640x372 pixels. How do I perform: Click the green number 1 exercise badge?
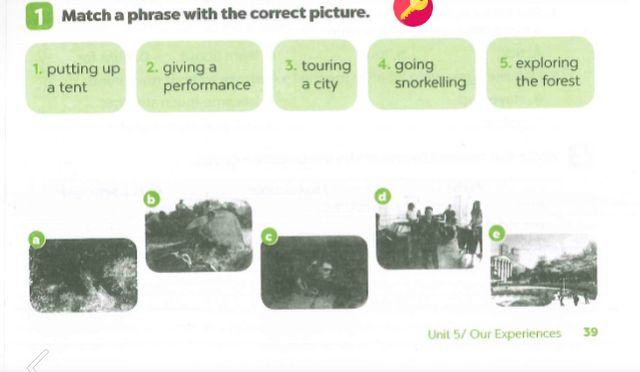click(x=40, y=16)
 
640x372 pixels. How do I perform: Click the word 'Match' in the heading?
click(x=86, y=16)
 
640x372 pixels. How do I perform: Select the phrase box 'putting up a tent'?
click(x=75, y=77)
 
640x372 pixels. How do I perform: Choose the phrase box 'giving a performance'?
click(x=199, y=76)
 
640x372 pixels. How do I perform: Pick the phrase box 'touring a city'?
click(x=315, y=74)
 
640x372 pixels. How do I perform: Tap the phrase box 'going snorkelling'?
click(x=422, y=74)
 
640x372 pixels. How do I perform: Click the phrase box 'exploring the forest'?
click(x=540, y=72)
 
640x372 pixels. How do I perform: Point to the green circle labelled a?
click(x=37, y=239)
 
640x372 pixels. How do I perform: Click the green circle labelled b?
click(x=152, y=199)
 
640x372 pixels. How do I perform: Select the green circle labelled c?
click(x=269, y=236)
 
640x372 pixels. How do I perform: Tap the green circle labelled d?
click(x=382, y=197)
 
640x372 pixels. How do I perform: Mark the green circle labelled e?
click(x=496, y=233)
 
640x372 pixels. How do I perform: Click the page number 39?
click(x=590, y=332)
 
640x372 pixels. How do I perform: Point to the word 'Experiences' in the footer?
click(x=527, y=333)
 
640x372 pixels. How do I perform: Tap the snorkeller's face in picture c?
click(x=325, y=269)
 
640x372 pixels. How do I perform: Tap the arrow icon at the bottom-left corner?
click(x=38, y=360)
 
